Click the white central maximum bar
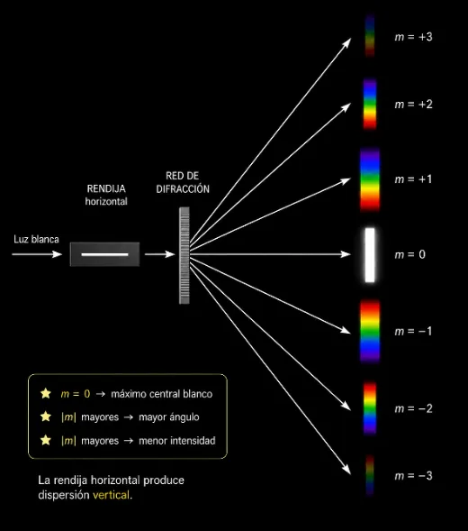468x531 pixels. click(x=370, y=254)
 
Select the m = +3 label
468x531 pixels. click(x=414, y=37)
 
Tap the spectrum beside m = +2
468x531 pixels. click(x=370, y=104)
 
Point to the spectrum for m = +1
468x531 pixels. click(x=370, y=179)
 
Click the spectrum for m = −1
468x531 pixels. click(x=370, y=331)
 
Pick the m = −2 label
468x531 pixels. click(x=414, y=408)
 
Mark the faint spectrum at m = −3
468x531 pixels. click(x=370, y=475)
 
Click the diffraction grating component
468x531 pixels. click(x=184, y=255)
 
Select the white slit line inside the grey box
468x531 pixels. click(x=104, y=254)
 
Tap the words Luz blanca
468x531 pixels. click(x=36, y=240)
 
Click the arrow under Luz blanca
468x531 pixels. click(x=37, y=254)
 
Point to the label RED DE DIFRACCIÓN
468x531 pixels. click(x=183, y=182)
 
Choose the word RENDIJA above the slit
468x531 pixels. click(x=106, y=188)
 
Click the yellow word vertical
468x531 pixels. click(x=112, y=495)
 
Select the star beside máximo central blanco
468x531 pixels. click(x=46, y=393)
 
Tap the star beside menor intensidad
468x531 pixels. click(x=46, y=440)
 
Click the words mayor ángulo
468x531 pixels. click(x=169, y=417)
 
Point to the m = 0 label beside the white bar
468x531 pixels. click(x=409, y=254)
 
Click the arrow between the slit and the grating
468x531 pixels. click(x=160, y=254)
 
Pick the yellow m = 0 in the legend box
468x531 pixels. click(x=76, y=394)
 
